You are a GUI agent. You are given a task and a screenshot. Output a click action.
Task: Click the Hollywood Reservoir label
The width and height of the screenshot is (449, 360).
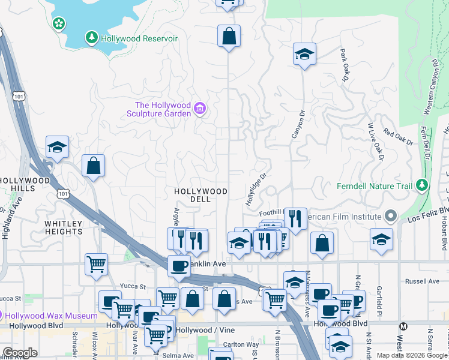(x=139, y=38)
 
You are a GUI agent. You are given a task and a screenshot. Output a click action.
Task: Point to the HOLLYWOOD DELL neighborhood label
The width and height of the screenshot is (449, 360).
(x=200, y=195)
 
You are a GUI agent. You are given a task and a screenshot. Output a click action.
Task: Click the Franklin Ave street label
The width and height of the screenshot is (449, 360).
(x=207, y=264)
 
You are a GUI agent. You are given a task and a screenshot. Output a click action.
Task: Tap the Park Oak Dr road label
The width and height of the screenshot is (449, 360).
(x=344, y=65)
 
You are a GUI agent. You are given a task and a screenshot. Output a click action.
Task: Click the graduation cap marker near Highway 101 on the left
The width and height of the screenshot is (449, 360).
(x=57, y=147)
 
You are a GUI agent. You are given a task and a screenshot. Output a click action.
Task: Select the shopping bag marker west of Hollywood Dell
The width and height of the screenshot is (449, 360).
(x=94, y=166)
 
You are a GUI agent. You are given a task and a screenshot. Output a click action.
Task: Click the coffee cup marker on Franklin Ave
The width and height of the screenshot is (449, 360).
(x=179, y=266)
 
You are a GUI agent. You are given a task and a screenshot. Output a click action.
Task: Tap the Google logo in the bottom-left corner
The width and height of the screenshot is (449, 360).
(x=20, y=353)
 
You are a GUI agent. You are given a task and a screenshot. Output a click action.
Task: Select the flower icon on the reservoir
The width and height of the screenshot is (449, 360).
(x=59, y=23)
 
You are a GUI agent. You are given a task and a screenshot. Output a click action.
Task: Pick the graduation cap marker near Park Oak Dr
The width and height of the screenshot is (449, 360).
(x=304, y=54)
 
